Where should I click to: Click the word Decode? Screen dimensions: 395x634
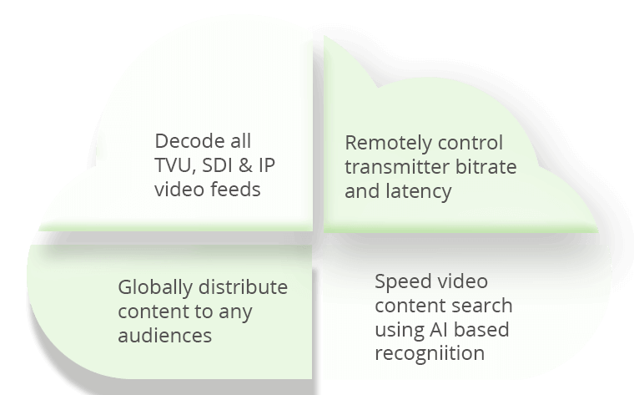(189, 141)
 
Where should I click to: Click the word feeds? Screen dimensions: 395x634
(235, 190)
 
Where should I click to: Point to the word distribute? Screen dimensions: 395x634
(242, 287)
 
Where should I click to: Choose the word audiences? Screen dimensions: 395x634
(165, 336)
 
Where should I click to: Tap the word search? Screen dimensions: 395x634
(482, 306)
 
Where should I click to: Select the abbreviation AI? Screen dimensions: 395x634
(435, 330)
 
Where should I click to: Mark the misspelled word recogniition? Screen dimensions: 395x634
(430, 353)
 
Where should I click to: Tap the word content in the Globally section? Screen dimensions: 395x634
(149, 311)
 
